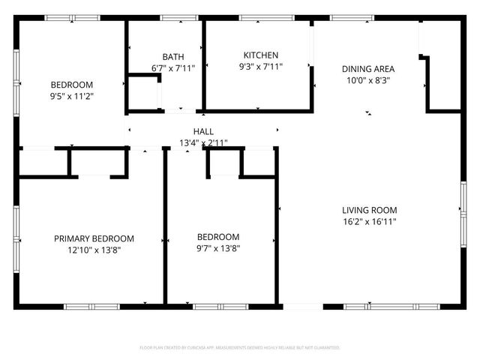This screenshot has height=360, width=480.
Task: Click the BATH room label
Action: [173, 57]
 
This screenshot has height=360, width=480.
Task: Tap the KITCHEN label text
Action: [261, 55]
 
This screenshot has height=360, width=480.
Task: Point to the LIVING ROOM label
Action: [370, 210]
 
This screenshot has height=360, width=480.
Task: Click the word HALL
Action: [203, 132]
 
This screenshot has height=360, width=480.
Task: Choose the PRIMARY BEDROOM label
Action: [94, 238]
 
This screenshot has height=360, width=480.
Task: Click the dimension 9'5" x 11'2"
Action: [72, 96]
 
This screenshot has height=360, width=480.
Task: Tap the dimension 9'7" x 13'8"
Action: [218, 248]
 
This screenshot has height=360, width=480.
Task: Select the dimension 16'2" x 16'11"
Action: [370, 221]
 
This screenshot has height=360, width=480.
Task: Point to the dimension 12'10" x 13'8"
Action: [94, 250]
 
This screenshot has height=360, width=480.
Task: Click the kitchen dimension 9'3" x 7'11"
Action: [261, 67]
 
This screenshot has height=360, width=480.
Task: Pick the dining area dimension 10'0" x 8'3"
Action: [367, 80]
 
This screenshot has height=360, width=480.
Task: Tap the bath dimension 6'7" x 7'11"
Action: [173, 68]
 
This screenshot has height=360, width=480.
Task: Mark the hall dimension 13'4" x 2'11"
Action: [203, 142]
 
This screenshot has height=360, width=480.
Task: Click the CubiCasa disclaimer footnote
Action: [240, 348]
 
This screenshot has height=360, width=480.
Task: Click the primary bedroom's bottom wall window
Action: [91, 306]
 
